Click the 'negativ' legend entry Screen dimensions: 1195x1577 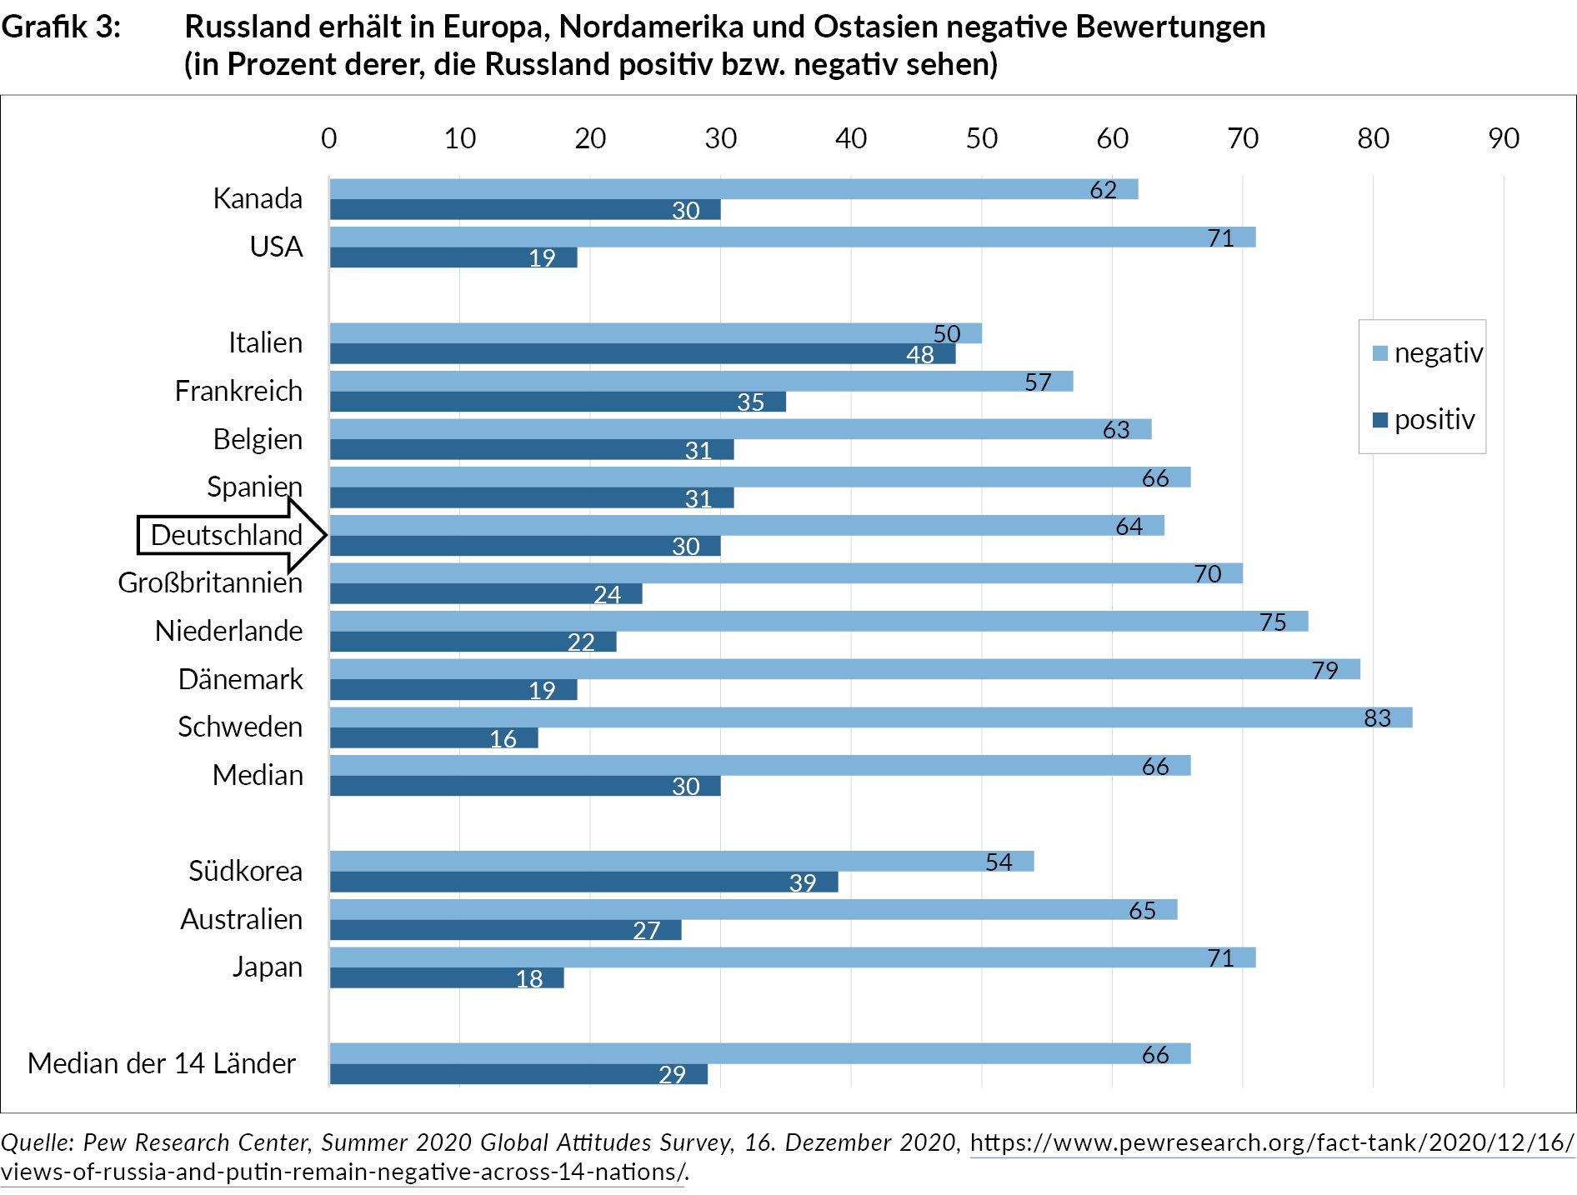click(1428, 353)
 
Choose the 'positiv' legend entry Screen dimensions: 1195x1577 click(1424, 419)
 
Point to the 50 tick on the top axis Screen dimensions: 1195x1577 click(981, 138)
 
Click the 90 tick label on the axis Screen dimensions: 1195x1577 click(1503, 138)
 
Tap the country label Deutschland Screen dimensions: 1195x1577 click(226, 535)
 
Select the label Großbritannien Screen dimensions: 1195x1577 click(210, 582)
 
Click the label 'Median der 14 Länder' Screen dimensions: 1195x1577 click(162, 1063)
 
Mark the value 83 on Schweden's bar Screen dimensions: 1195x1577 click(1377, 717)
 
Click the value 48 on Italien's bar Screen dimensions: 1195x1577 click(919, 354)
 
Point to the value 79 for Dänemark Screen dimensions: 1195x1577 click(1324, 670)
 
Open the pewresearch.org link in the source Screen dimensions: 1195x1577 click(1271, 1142)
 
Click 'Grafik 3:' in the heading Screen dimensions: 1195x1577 click(61, 27)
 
